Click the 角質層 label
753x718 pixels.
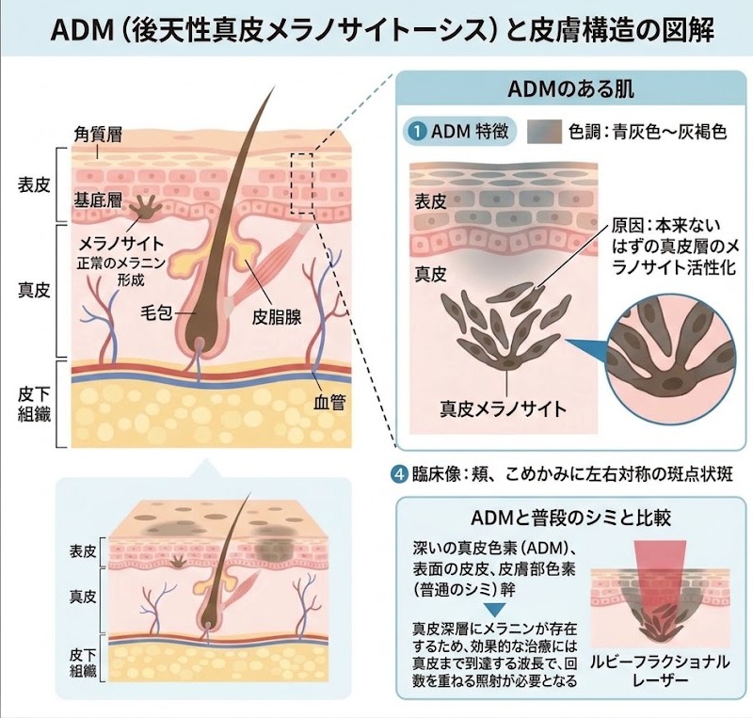point(98,135)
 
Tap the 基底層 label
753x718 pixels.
point(98,200)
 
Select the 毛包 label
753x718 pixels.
point(156,313)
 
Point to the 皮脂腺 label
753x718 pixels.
point(277,317)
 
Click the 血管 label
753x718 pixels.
point(329,402)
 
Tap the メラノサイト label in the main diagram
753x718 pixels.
point(121,244)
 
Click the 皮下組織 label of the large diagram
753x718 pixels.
point(34,404)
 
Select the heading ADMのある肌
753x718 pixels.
point(570,89)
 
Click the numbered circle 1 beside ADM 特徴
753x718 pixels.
point(418,131)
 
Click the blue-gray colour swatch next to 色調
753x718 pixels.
point(544,131)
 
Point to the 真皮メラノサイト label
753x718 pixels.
point(504,408)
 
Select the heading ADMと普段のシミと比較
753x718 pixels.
point(570,519)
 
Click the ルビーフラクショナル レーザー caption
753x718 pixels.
point(660,671)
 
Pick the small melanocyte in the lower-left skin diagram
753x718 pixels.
point(179,561)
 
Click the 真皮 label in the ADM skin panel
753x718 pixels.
point(431,274)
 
